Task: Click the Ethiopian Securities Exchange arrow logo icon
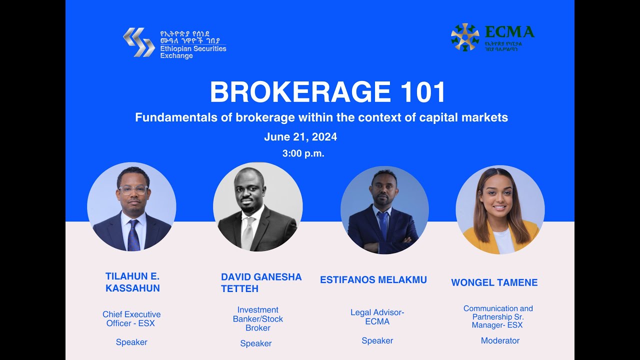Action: [x=138, y=42]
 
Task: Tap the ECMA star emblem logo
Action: [x=464, y=37]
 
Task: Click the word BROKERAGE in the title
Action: [x=300, y=92]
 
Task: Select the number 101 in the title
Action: [x=422, y=92]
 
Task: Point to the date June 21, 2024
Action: [x=300, y=137]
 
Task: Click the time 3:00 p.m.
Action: [x=303, y=154]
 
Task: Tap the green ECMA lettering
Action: [x=509, y=32]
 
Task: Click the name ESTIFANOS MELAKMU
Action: [x=373, y=280]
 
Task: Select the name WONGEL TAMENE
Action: [x=494, y=282]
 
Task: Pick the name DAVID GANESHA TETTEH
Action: [x=261, y=283]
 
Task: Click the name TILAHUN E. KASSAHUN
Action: [x=132, y=282]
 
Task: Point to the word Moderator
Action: [x=500, y=340]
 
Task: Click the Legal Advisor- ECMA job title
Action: [x=377, y=317]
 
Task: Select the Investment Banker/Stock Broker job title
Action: [x=257, y=318]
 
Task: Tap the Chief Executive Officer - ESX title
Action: [x=131, y=318]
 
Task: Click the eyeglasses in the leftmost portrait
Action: [x=132, y=190]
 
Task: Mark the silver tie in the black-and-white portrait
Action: [x=248, y=232]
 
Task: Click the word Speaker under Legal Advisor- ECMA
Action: [x=377, y=340]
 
